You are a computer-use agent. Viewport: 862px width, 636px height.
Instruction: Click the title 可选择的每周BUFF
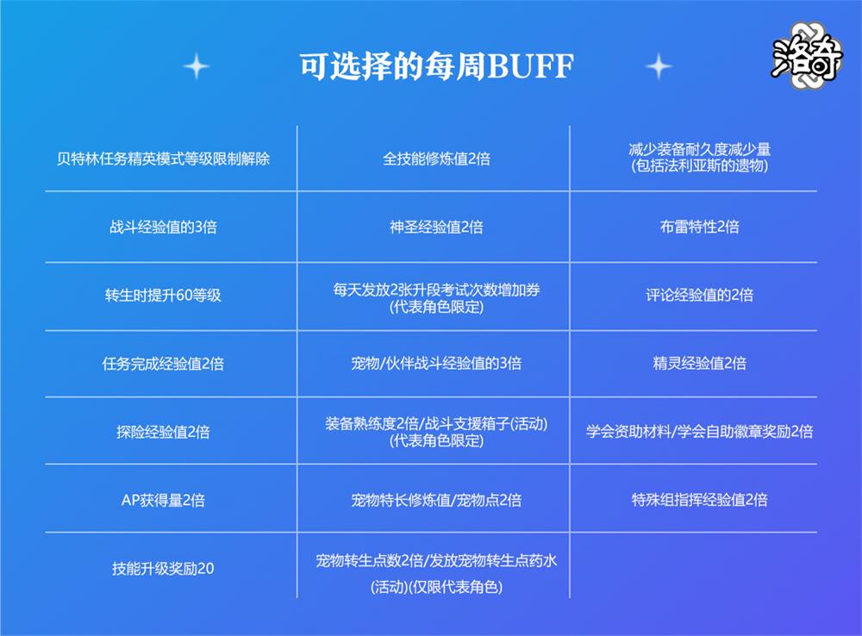coord(436,66)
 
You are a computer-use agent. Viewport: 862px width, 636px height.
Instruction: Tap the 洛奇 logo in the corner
coord(807,56)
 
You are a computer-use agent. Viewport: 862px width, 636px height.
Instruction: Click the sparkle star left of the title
coord(197,67)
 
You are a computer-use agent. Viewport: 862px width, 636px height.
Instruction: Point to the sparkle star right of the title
coord(659,67)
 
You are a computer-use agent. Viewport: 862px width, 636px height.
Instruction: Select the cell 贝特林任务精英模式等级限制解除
coord(163,159)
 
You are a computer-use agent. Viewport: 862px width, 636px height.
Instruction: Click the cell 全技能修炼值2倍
coord(436,159)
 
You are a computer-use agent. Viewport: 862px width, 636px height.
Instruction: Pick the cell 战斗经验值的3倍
coord(163,227)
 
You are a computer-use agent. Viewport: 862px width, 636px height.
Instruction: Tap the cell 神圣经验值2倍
coord(436,227)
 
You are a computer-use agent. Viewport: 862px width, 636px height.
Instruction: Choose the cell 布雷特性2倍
coord(699,227)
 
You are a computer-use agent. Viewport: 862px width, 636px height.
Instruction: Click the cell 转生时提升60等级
coord(163,296)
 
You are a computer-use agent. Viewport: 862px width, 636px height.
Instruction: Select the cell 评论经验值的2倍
coord(699,296)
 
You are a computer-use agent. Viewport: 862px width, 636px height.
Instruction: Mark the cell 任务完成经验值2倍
coord(163,364)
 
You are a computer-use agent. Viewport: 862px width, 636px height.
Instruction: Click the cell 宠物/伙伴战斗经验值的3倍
coord(436,364)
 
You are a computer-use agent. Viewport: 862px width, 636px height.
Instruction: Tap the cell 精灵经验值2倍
coord(699,363)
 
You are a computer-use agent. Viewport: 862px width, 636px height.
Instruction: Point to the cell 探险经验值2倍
coord(163,432)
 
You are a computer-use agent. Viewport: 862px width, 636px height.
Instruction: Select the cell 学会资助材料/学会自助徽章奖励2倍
coord(699,432)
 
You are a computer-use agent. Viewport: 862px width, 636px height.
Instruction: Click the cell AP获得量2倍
coord(163,500)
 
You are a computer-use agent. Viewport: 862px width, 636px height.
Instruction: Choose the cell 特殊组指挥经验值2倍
coord(699,500)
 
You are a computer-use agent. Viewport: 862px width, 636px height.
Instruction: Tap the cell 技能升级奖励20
coord(163,569)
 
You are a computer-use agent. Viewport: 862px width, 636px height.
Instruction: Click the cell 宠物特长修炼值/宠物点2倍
coord(436,500)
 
